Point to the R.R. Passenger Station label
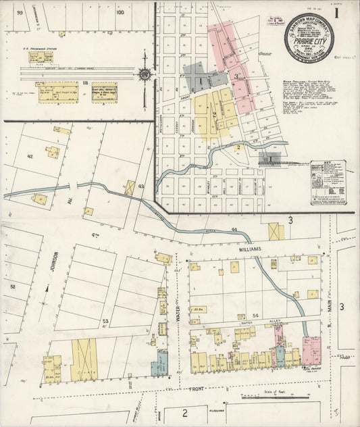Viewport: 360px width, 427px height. pyautogui.click(x=43, y=48)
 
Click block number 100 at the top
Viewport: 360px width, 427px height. pyautogui.click(x=120, y=11)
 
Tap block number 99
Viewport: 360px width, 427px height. pyautogui.click(x=21, y=12)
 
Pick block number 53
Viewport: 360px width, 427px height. pyautogui.click(x=105, y=321)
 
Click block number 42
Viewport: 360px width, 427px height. pyautogui.click(x=30, y=156)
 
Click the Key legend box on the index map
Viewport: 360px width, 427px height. pyautogui.click(x=328, y=182)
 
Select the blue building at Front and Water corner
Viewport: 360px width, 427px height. pyautogui.click(x=159, y=363)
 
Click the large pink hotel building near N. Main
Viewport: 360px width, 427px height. pyautogui.click(x=311, y=350)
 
